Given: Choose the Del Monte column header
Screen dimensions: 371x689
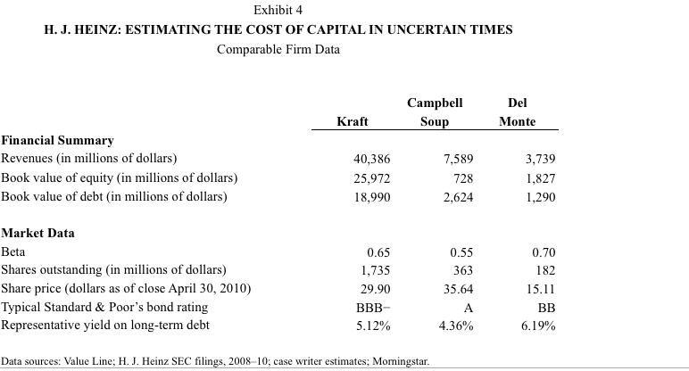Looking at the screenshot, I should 517,111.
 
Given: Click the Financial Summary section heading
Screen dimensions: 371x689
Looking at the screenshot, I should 57,140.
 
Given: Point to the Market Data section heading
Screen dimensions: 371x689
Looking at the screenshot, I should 37,233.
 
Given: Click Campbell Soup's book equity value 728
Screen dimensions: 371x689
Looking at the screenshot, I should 463,177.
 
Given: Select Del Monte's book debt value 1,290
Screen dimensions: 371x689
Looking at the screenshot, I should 540,196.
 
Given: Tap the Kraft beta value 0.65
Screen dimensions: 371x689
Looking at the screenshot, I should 378,251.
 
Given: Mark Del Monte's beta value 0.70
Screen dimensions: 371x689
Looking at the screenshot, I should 543,251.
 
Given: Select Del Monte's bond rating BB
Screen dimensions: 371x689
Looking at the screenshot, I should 544,307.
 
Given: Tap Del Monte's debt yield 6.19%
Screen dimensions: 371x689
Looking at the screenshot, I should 537,326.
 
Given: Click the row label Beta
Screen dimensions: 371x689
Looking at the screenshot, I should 13,251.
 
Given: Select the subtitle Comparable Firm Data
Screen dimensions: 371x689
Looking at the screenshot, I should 278,47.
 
